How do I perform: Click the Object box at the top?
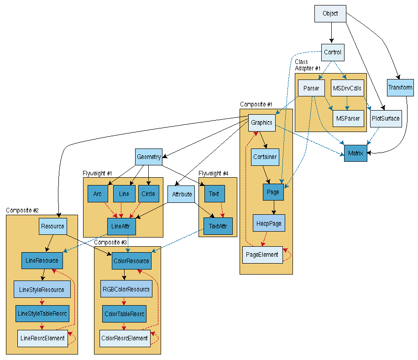click(330, 14)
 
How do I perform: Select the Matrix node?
click(355, 153)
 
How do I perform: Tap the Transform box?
click(400, 87)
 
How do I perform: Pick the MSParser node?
click(348, 118)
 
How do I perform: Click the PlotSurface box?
click(385, 118)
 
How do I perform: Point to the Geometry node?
click(149, 157)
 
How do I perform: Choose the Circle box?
click(148, 194)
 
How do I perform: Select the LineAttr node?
click(121, 226)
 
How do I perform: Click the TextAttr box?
click(218, 226)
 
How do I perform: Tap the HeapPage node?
click(269, 223)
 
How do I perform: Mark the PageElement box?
click(262, 254)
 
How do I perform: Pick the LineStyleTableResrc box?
click(42, 313)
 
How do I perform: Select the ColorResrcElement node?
click(125, 338)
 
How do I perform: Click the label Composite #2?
click(22, 210)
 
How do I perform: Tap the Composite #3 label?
click(110, 242)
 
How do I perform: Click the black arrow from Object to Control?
click(332, 33)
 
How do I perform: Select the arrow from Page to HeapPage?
click(273, 207)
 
